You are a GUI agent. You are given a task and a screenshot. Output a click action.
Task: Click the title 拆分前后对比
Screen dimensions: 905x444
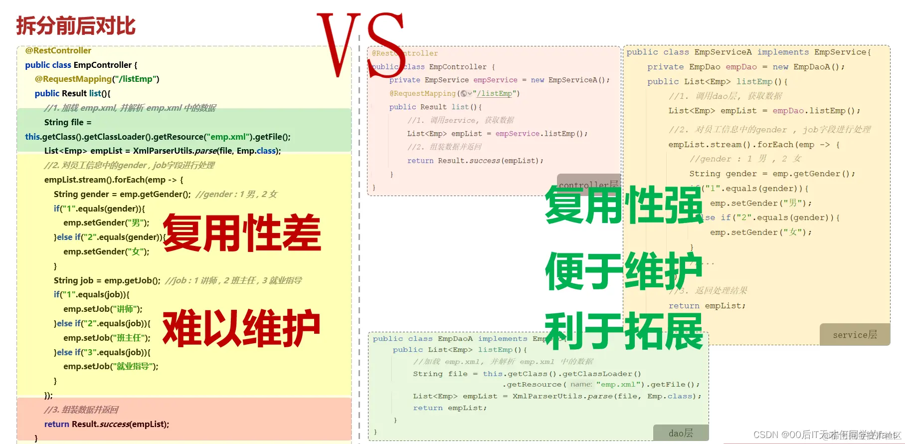pos(76,26)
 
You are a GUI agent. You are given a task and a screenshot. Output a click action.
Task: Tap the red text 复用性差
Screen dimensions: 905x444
pos(242,232)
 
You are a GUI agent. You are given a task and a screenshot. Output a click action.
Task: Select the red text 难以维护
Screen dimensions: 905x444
pos(242,328)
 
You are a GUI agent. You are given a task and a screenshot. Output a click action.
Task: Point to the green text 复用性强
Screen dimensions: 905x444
pos(624,205)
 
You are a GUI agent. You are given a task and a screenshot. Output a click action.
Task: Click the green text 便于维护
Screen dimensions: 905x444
pos(624,271)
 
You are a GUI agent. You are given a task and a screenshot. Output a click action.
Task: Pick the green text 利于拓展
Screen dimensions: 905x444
pos(624,332)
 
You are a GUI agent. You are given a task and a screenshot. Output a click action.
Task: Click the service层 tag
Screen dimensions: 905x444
pos(855,335)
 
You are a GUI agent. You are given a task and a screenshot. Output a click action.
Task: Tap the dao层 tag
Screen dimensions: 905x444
pos(681,433)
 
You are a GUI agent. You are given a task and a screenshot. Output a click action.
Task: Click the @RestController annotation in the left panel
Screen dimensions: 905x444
pos(58,50)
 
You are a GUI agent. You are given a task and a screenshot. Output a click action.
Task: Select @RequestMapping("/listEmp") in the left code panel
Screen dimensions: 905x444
pos(97,79)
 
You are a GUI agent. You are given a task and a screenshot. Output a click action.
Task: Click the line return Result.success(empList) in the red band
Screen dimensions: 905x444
pos(107,424)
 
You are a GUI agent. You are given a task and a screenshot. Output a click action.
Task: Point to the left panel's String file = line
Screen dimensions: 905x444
pos(68,122)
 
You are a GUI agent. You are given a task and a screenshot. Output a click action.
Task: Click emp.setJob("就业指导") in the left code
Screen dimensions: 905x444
pos(111,366)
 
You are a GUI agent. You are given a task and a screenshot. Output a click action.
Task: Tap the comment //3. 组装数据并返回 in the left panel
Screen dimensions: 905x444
pos(81,410)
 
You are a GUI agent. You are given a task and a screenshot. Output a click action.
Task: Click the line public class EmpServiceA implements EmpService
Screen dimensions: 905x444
pos(748,52)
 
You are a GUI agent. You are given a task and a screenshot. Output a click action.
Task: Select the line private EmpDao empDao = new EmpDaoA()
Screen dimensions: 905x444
pos(745,67)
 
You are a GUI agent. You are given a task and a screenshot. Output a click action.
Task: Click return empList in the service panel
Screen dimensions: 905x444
pos(707,306)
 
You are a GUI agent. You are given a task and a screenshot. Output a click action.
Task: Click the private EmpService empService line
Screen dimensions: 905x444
pos(499,80)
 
